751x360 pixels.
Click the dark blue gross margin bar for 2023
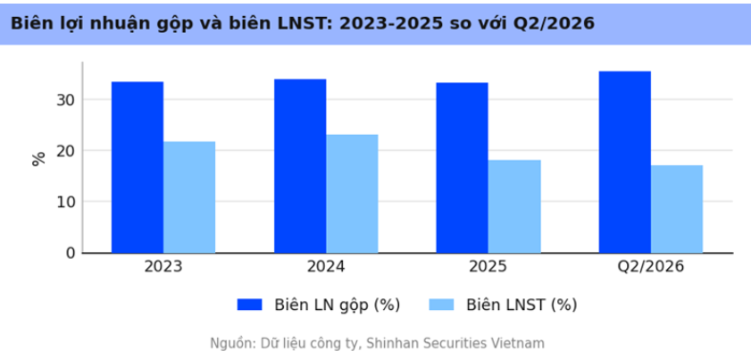138,167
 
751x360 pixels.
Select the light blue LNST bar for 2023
189,197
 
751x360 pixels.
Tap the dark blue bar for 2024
300,166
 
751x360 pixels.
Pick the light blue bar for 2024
352,194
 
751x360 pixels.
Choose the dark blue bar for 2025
463,168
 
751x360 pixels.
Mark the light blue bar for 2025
514,206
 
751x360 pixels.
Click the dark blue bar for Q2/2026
625,162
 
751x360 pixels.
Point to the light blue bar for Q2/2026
677,209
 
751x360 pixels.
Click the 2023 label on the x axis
163,267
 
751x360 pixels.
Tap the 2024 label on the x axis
326,267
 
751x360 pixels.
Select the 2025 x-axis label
488,267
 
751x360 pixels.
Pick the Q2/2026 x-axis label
651,267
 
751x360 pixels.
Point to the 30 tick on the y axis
66,100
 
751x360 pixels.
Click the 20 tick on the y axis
66,150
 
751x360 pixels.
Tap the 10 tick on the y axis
66,202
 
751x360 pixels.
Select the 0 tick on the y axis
71,253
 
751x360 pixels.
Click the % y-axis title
38,159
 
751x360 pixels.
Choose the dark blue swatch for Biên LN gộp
249,305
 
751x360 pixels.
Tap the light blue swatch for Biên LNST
441,305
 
